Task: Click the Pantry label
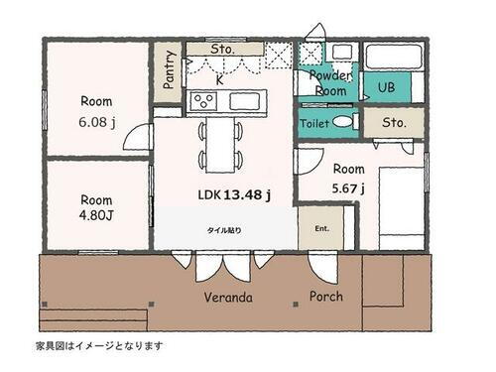pos(170,69)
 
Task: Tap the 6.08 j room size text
pos(96,123)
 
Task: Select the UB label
pos(385,87)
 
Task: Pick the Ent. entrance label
pos(322,227)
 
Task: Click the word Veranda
pos(228,297)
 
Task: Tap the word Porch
pos(326,296)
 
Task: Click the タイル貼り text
pos(223,230)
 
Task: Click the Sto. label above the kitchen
pos(223,48)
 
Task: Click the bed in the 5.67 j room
pos(400,205)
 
